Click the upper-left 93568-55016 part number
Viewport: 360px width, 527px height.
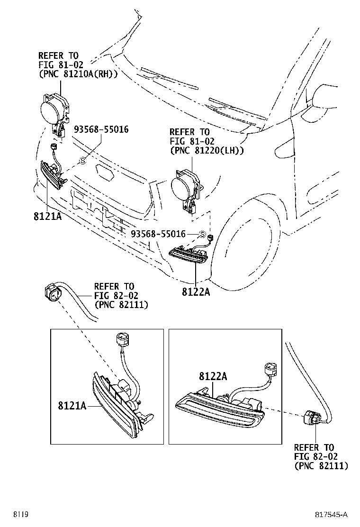coord(101,129)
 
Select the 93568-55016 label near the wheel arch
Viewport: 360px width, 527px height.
coord(158,234)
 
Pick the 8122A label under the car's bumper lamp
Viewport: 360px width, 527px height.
coord(195,291)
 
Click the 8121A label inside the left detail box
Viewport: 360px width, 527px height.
coord(72,406)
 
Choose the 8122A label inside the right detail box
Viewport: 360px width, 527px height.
coord(213,376)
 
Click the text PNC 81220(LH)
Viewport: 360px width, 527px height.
coord(207,150)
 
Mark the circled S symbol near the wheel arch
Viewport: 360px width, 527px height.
coord(202,234)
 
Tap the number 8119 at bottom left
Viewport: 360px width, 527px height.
coord(20,514)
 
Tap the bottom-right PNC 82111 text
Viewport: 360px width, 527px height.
coord(321,466)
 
